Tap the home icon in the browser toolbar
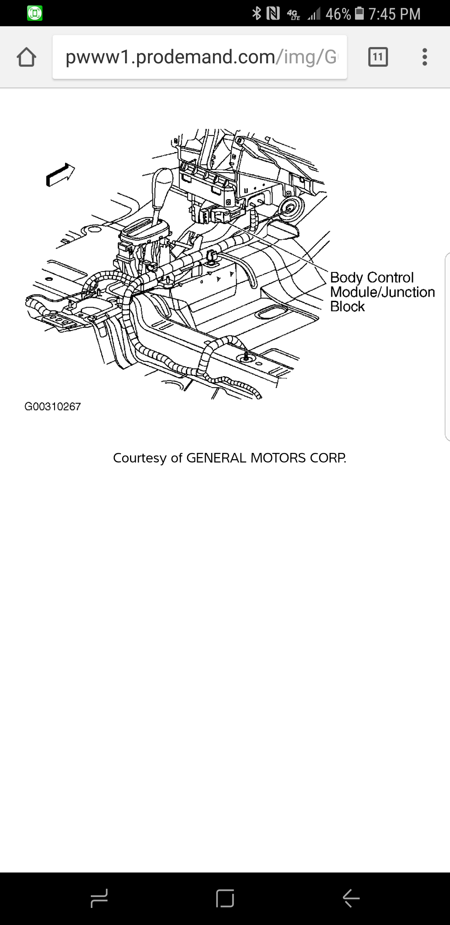tap(26, 57)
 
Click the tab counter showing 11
tap(378, 57)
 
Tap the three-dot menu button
tap(425, 57)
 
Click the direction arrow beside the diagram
tap(60, 175)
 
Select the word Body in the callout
tap(346, 277)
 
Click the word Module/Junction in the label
tap(382, 292)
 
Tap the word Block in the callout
tap(347, 307)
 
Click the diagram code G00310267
tap(52, 407)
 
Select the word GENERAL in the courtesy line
tap(216, 458)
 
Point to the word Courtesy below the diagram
tap(140, 458)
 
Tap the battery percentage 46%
tap(338, 14)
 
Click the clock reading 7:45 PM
tap(394, 14)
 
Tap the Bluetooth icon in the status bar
tap(257, 14)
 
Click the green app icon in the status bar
tap(35, 13)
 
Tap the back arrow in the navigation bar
tap(351, 898)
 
